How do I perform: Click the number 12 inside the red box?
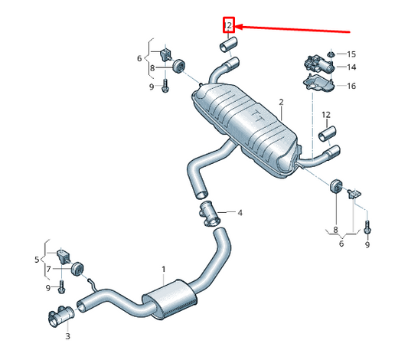pyautogui.click(x=227, y=25)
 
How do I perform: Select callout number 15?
pyautogui.click(x=351, y=54)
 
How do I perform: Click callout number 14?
pyautogui.click(x=351, y=67)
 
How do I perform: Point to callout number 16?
pyautogui.click(x=351, y=86)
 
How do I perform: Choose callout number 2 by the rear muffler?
pyautogui.click(x=281, y=102)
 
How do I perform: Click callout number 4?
pyautogui.click(x=240, y=212)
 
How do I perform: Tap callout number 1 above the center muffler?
pyautogui.click(x=163, y=270)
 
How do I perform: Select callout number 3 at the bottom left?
pyautogui.click(x=67, y=335)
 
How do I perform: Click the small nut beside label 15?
pyautogui.click(x=331, y=54)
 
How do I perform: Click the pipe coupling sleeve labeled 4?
pyautogui.click(x=209, y=213)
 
